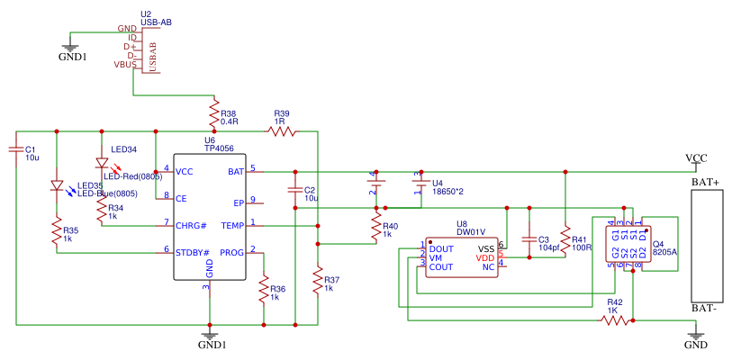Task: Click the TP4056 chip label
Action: tap(219, 148)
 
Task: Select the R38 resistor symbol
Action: tap(214, 114)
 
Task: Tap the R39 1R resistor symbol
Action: tap(282, 131)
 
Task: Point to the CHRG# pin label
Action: tap(191, 225)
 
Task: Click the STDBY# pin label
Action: tap(193, 252)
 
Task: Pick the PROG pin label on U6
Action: tap(231, 252)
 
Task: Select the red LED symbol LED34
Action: tap(102, 165)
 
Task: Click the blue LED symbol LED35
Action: tap(57, 188)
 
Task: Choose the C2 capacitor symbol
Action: tap(294, 190)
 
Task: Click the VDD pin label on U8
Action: tap(485, 258)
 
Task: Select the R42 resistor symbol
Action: tap(615, 319)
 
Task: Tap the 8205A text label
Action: tap(665, 253)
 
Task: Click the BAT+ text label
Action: tap(705, 183)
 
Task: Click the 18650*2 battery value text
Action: tap(447, 191)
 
